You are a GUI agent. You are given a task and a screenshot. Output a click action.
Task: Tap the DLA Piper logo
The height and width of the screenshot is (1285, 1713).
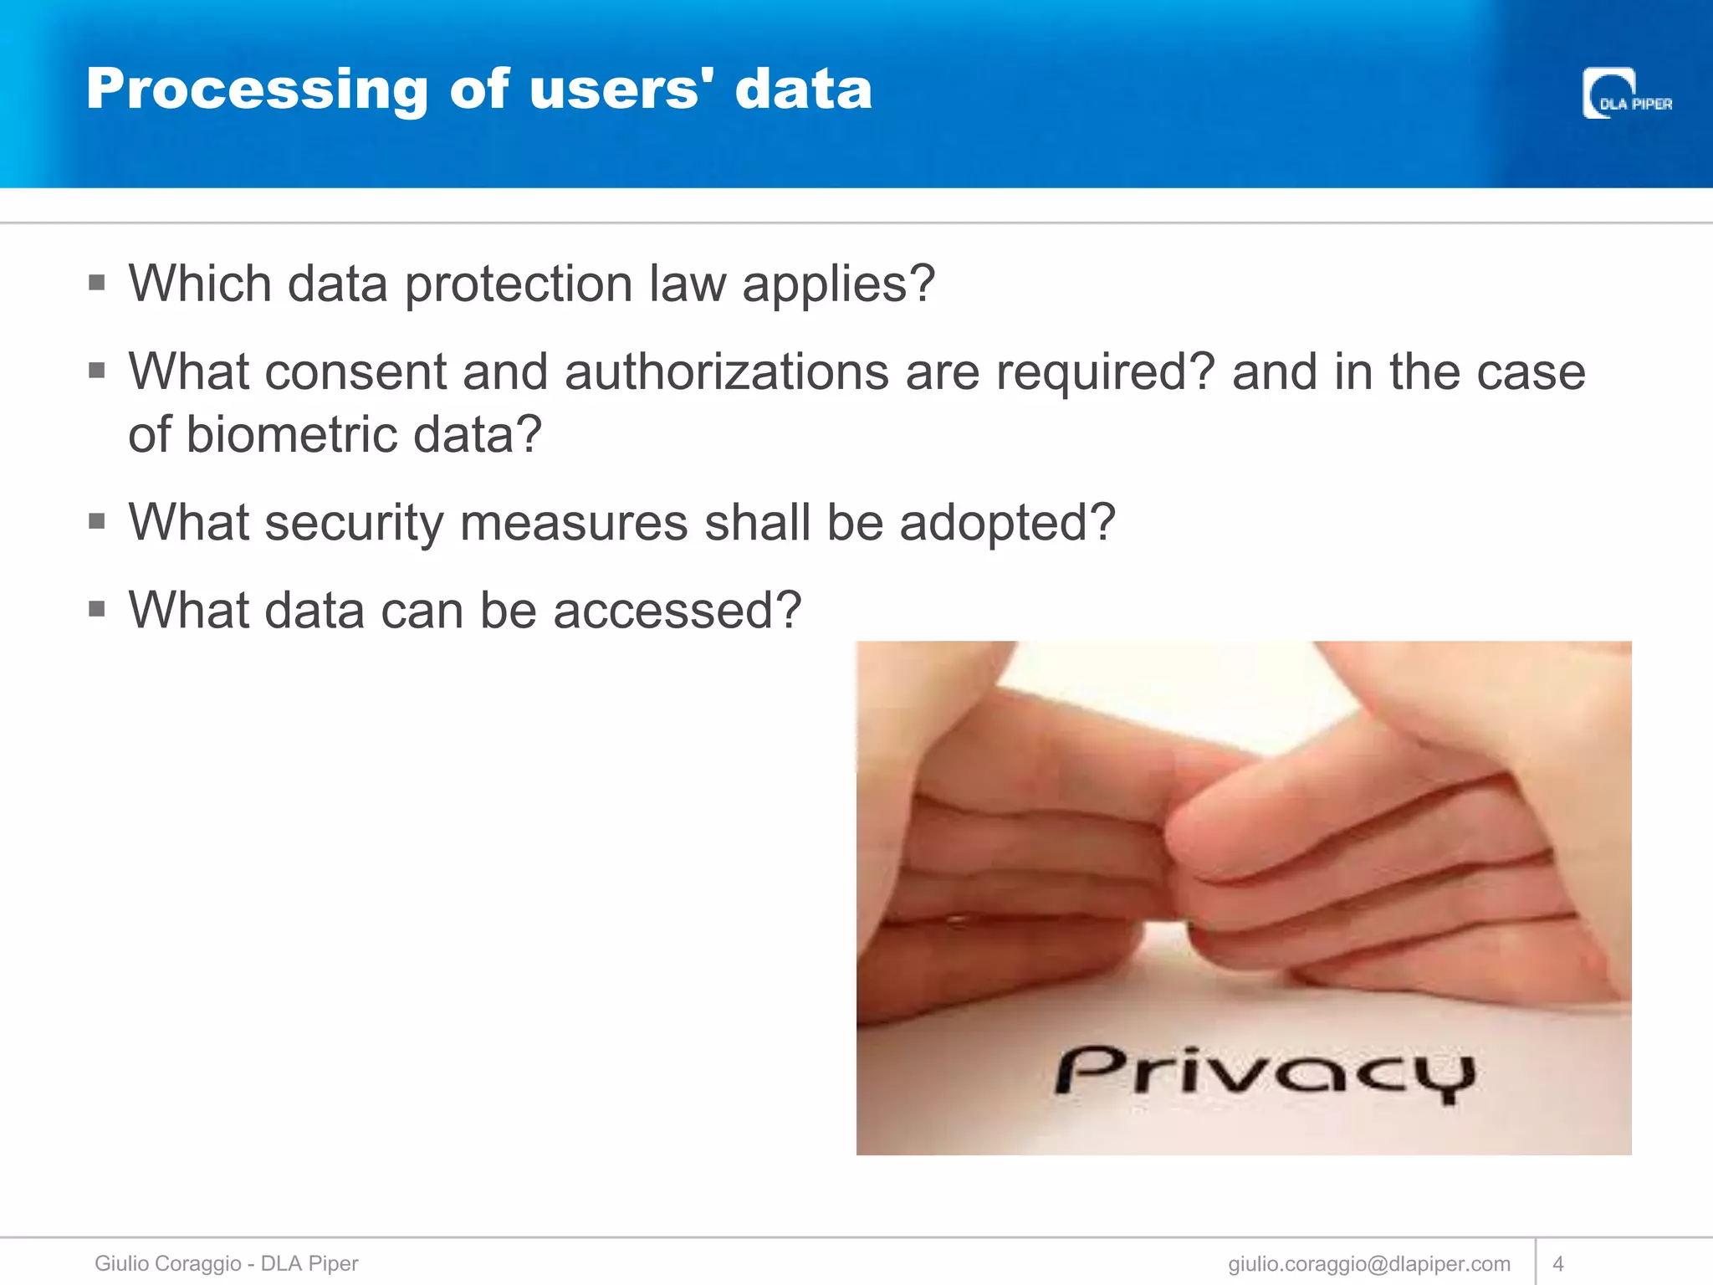1626,94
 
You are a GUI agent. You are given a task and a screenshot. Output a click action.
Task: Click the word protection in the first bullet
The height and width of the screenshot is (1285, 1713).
519,284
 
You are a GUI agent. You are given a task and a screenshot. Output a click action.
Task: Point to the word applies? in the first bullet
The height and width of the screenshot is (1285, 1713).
838,284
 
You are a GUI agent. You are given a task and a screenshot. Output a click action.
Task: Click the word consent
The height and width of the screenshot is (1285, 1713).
355,372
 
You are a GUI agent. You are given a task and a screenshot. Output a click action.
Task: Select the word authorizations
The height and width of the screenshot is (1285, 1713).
726,372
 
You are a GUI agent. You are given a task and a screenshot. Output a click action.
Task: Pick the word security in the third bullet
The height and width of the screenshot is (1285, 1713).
355,523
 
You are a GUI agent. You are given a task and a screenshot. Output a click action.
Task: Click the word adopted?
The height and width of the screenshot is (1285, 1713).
1007,523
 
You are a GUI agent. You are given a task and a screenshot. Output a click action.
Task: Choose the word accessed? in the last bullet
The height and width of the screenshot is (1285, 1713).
677,610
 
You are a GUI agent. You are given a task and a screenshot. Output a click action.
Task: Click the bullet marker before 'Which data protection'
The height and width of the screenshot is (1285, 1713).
97,283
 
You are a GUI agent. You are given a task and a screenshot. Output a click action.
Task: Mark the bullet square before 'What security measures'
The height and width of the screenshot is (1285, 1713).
97,522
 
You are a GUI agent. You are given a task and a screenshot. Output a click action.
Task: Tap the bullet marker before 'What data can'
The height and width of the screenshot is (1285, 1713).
97,609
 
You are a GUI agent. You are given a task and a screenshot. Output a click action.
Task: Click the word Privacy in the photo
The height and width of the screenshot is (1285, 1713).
1265,1073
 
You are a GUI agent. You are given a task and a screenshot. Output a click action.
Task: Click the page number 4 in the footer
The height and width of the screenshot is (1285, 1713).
1557,1263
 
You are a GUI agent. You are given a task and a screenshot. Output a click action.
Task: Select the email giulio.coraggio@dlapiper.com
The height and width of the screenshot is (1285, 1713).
1369,1263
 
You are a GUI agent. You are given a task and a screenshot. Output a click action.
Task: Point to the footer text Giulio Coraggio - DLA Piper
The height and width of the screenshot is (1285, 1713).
226,1263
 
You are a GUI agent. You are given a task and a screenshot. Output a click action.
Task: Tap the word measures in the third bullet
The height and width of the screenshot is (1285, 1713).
574,523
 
